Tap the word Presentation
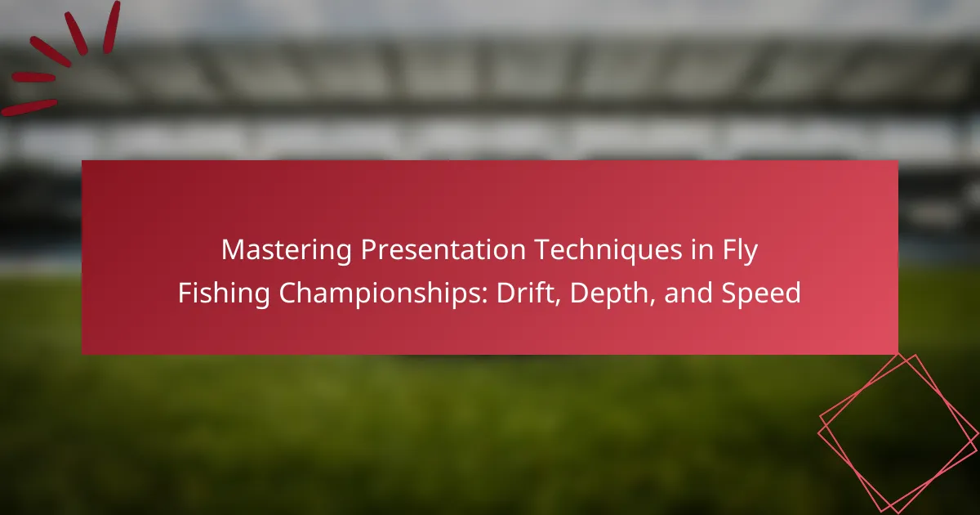point(443,249)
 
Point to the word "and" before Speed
point(688,293)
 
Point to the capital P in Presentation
point(369,250)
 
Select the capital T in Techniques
point(544,250)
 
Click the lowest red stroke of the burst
point(29,107)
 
